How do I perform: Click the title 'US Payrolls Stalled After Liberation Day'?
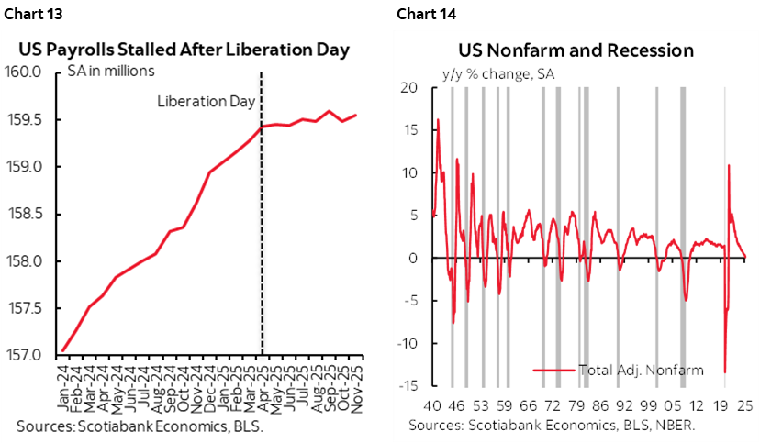pyautogui.click(x=186, y=50)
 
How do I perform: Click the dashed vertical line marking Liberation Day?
pyautogui.click(x=263, y=229)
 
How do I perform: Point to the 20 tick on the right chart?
pyautogui.click(x=409, y=88)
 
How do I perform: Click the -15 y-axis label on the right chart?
pyautogui.click(x=405, y=386)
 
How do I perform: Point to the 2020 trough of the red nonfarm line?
pyautogui.click(x=724, y=371)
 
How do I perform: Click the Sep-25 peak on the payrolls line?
pyautogui.click(x=329, y=112)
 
